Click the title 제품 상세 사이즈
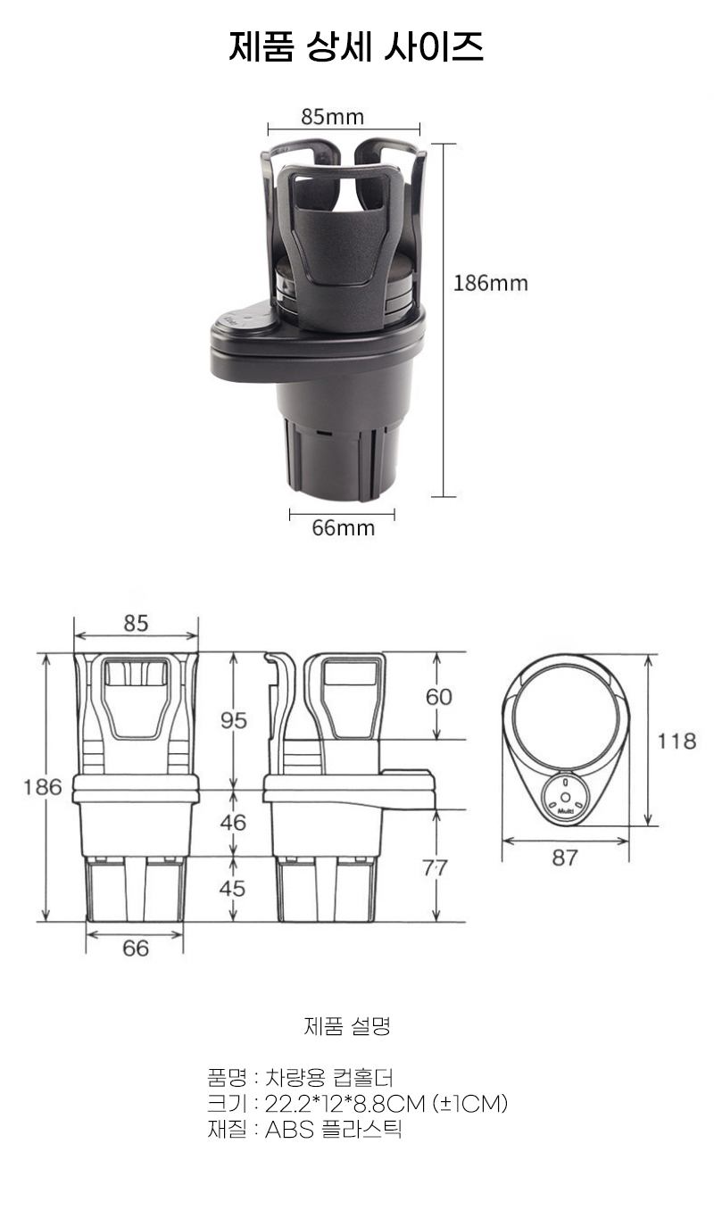[356, 47]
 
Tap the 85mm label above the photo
[333, 116]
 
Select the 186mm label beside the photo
[490, 283]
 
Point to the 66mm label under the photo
[344, 527]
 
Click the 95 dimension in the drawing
[233, 720]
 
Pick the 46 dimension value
[233, 822]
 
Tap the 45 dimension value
[232, 889]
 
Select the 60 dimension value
[438, 697]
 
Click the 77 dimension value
[435, 868]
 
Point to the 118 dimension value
[677, 742]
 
